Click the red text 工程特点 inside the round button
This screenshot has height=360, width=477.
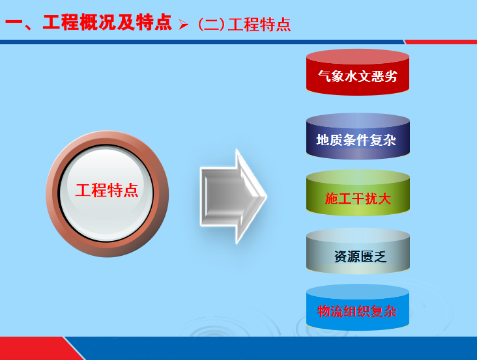[x=107, y=191]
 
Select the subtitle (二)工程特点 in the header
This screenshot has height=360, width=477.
[x=244, y=25]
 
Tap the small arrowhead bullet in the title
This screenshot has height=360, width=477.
[x=184, y=25]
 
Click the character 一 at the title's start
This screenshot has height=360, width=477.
[x=14, y=23]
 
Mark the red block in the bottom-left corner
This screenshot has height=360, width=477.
[x=33, y=348]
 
